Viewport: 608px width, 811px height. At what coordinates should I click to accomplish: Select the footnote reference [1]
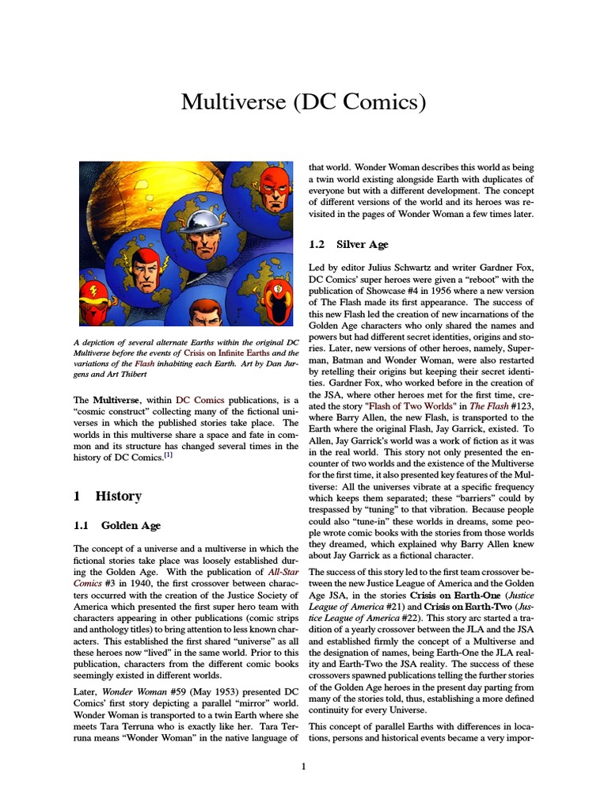(x=167, y=455)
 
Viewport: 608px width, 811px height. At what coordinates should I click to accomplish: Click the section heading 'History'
(x=118, y=497)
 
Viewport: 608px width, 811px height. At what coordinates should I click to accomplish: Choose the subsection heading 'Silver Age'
(x=362, y=245)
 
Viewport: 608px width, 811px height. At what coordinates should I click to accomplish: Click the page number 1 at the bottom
(x=304, y=767)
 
